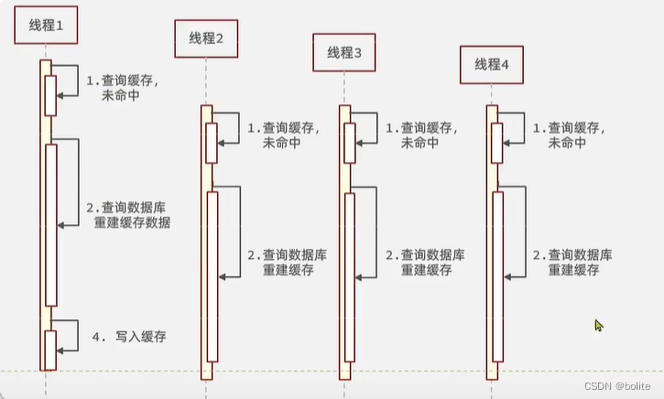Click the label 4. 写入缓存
[x=134, y=338]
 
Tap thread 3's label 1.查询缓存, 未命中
[x=420, y=135]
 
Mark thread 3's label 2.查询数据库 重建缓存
[x=424, y=263]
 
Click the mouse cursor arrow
[x=599, y=325]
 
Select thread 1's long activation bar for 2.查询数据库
[x=51, y=224]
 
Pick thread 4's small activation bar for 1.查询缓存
[x=497, y=143]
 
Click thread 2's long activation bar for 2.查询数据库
[x=212, y=276]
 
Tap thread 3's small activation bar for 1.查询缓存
[x=350, y=143]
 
